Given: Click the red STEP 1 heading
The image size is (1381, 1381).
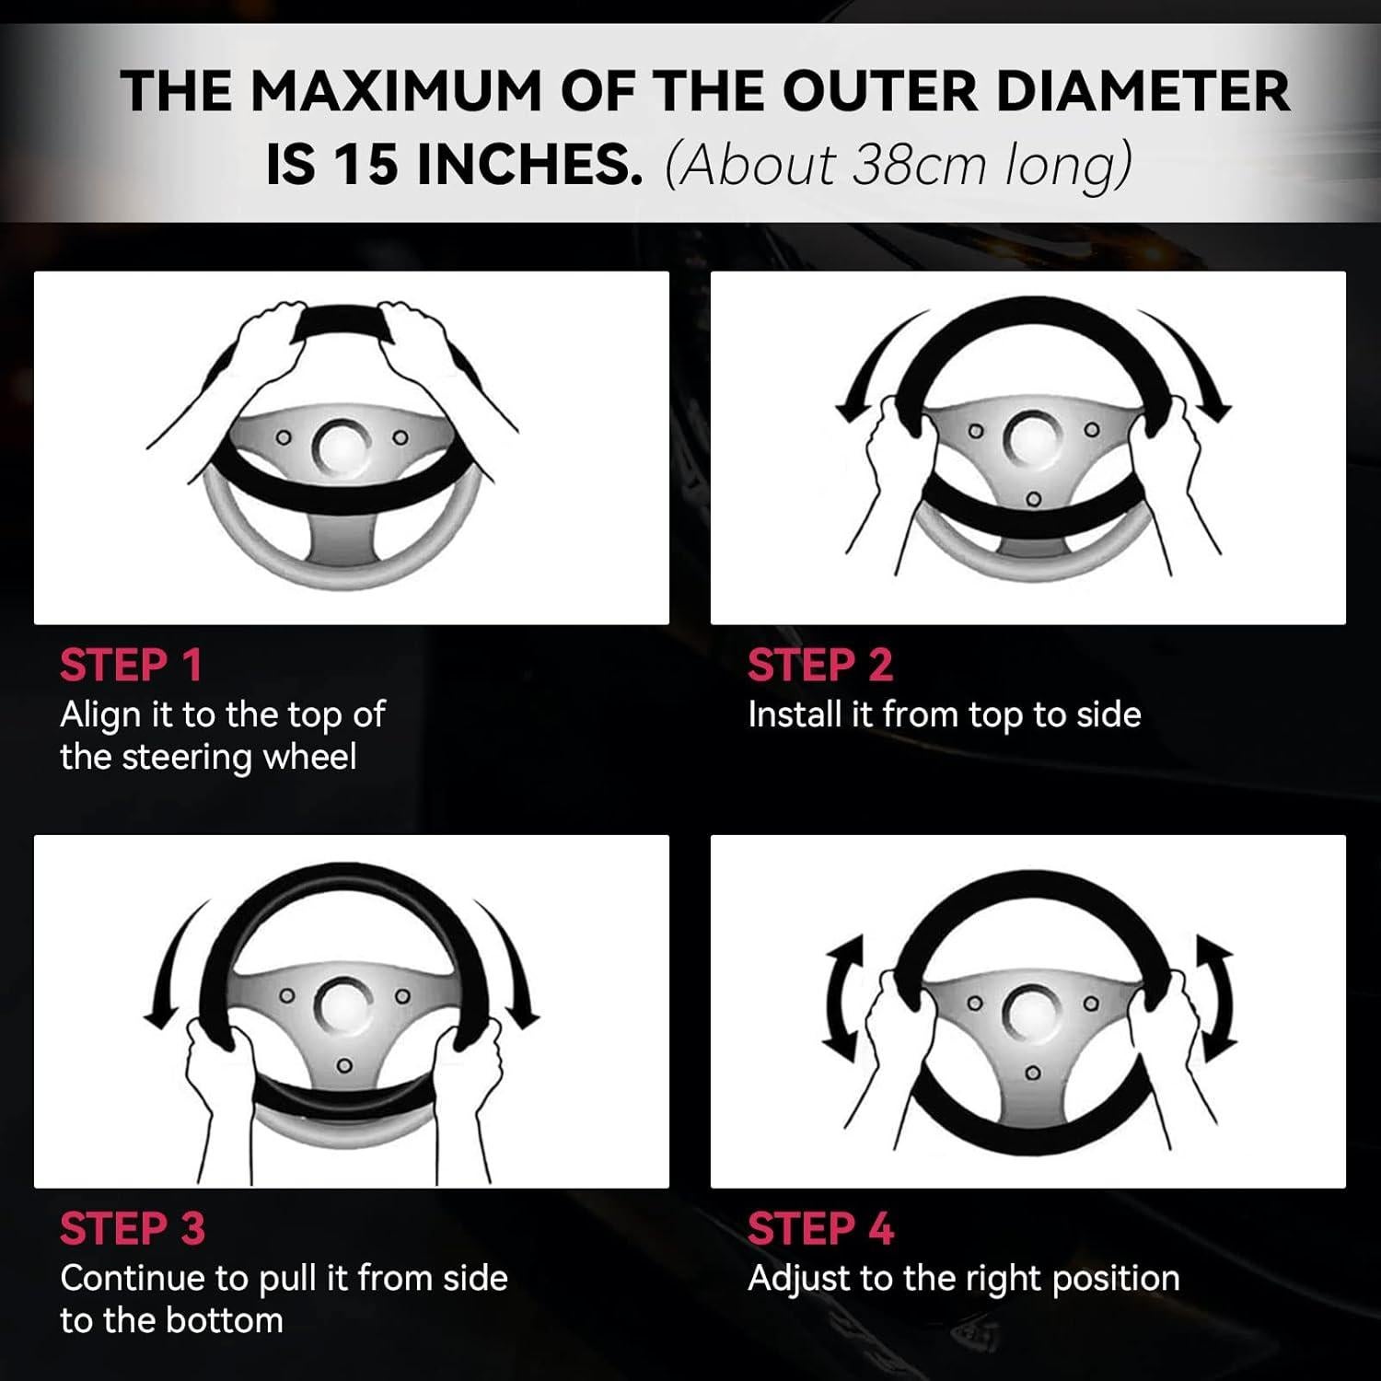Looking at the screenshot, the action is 131,665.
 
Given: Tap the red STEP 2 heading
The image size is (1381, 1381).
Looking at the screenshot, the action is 820,665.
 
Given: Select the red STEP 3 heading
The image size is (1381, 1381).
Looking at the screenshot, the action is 133,1229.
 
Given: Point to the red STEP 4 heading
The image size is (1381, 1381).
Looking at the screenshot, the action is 821,1229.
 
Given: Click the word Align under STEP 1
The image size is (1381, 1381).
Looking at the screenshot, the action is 100,716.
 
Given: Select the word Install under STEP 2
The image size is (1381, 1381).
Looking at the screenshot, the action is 795,714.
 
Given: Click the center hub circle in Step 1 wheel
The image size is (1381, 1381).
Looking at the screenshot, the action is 342,445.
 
